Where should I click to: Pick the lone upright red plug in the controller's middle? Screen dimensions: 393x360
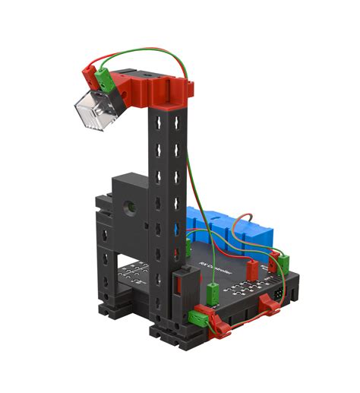[251, 266]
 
